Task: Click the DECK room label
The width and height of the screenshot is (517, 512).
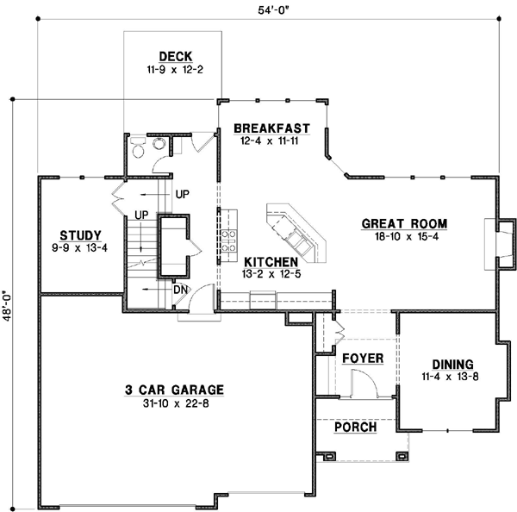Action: pos(175,58)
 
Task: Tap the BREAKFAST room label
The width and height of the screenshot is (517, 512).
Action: pos(265,129)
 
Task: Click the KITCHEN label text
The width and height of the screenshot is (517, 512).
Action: pos(271,261)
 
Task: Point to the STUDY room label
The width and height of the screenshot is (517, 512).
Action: pos(81,234)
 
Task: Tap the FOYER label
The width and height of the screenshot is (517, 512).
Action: pos(363,358)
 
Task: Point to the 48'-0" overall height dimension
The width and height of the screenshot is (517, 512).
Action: pos(9,303)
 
